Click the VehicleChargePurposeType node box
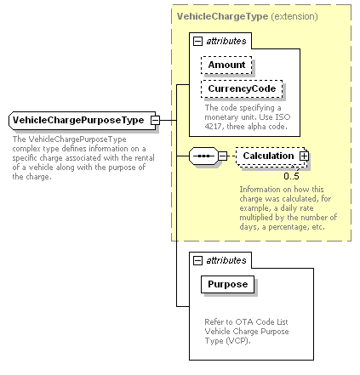83,121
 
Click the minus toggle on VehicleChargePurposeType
155,121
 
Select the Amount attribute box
226,65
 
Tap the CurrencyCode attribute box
242,89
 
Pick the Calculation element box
271,156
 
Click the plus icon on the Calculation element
304,156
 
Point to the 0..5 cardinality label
291,176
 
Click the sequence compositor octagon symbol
203,156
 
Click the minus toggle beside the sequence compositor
223,156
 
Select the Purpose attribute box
227,284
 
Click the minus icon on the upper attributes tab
197,42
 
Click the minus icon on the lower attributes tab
197,260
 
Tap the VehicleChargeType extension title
247,16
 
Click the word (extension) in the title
294,16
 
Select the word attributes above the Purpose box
226,260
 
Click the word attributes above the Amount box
226,42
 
